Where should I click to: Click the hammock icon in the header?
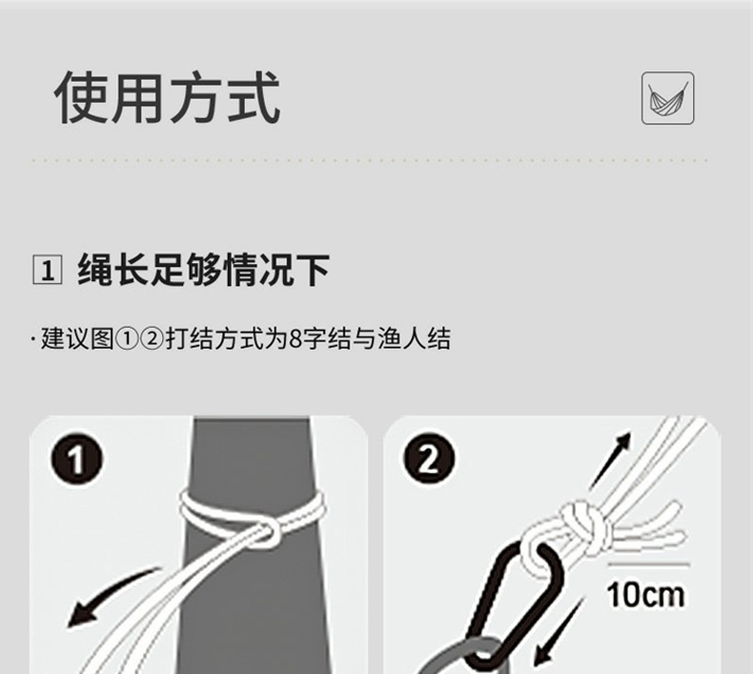[667, 98]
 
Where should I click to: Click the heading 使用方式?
[167, 97]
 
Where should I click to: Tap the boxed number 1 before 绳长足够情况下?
[47, 270]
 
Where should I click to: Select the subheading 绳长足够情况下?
[203, 270]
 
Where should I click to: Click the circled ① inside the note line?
[127, 339]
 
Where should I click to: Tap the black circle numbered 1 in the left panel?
[76, 459]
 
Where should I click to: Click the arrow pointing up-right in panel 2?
[610, 460]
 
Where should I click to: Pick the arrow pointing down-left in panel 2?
[559, 633]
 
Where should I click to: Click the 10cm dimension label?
[645, 595]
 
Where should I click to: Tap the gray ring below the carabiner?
[461, 656]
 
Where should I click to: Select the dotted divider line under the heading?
[369, 160]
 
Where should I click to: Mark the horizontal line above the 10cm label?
[648, 564]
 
